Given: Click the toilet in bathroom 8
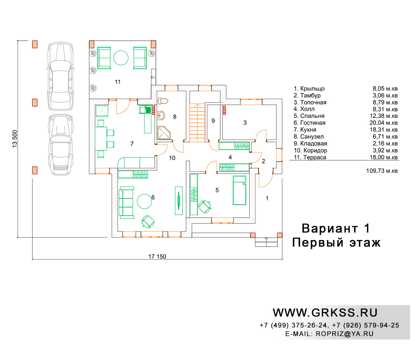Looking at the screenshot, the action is pos(163,101).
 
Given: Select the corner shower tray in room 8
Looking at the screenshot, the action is pos(164,133).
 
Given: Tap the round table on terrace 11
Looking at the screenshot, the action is pos(121,58).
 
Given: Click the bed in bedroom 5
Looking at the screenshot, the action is pos(239,190).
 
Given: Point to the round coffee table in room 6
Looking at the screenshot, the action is pos(144,201).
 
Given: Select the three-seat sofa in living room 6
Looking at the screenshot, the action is pos(126,203).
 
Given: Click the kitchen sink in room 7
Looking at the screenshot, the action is pos(145,110).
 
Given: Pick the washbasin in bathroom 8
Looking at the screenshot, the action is pos(161,116).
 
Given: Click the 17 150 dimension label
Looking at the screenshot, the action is pos(157,256).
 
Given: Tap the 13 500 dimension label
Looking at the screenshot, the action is pos(15,139).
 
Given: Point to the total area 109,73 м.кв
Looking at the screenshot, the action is pos(382,171).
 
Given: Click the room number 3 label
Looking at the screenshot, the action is pos(245,123).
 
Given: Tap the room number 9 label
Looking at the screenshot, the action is pos(213,121).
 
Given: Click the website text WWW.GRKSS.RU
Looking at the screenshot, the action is pos(325,313).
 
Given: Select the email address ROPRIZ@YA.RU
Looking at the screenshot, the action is pos(345,334).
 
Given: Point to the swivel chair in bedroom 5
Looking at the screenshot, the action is pos(204,206).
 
